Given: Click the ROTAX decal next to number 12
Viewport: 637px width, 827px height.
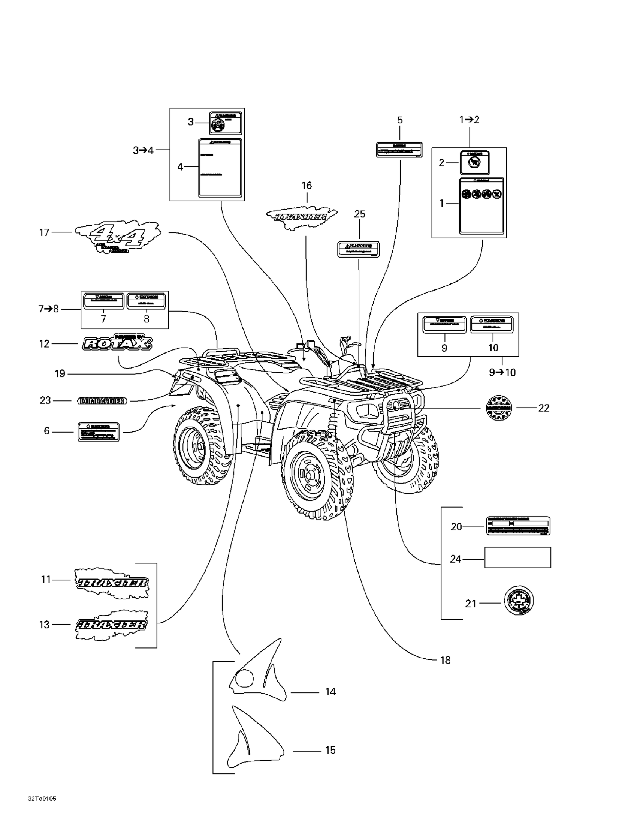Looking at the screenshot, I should tap(118, 343).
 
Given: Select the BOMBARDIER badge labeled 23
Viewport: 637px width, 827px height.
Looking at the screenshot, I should tap(102, 401).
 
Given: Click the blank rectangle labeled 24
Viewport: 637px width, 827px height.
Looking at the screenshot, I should tap(517, 557).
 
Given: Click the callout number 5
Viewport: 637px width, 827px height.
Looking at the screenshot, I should tap(400, 120).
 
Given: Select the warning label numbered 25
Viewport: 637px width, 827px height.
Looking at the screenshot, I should tap(359, 249).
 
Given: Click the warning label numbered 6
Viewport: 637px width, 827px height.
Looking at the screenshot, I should tap(99, 431).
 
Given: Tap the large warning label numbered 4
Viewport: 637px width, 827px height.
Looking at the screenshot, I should tap(220, 167).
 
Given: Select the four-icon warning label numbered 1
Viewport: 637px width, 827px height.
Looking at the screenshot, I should tap(481, 205).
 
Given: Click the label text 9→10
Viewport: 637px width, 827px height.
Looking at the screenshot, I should tap(502, 372).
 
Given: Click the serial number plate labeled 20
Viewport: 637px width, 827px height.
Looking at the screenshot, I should tap(518, 526).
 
